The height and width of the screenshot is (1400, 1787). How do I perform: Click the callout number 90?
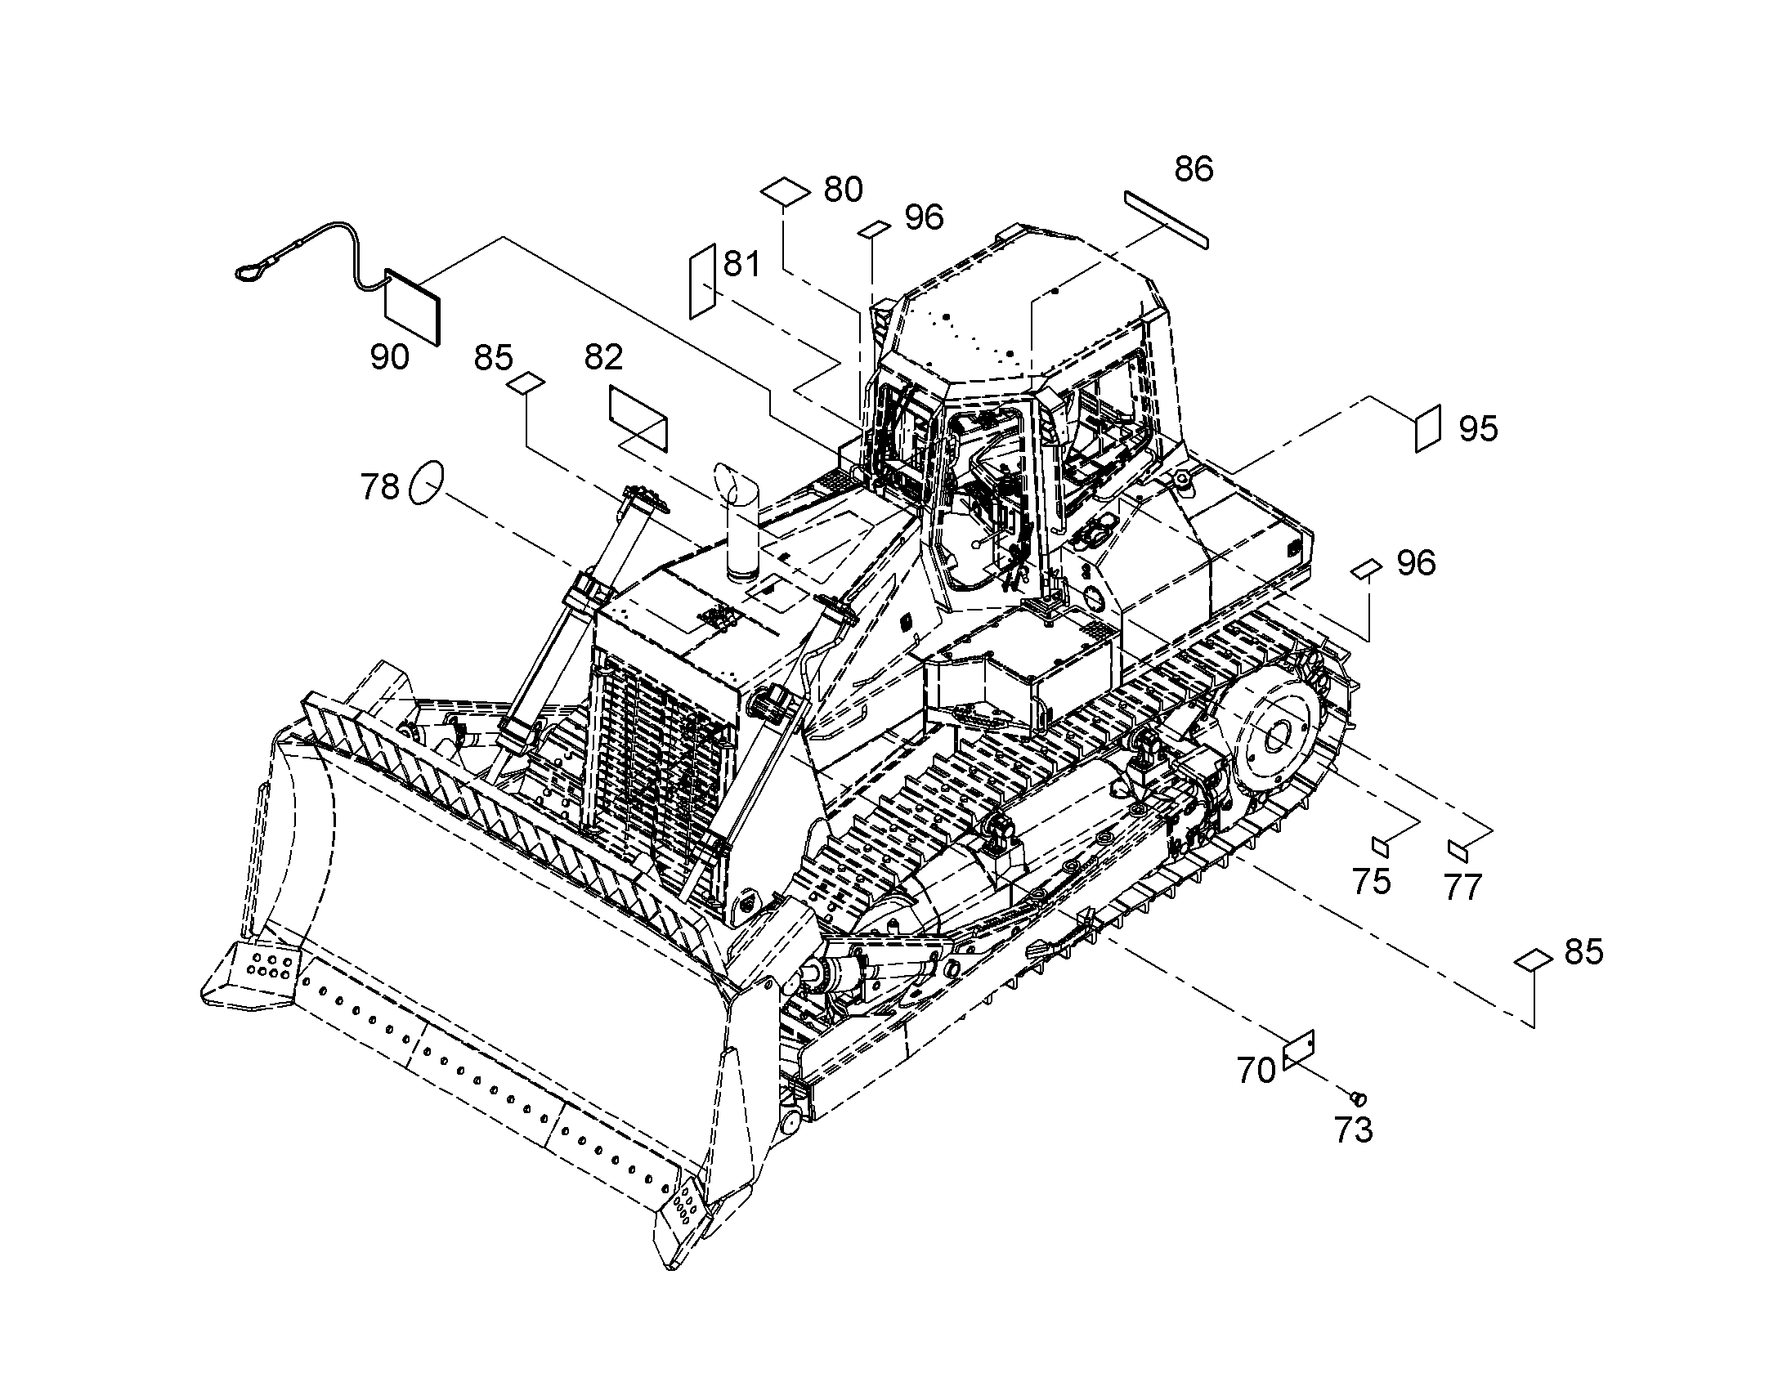[389, 357]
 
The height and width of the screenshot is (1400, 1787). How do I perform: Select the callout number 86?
[1194, 170]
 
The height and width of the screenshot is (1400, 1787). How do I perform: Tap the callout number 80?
[844, 190]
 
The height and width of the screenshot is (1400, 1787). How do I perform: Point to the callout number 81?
[741, 265]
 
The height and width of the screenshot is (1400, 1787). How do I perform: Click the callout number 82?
[603, 357]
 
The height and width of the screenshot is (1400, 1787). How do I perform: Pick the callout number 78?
[379, 488]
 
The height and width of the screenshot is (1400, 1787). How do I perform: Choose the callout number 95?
[1478, 429]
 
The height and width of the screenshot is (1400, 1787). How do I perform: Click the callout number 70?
[1256, 1071]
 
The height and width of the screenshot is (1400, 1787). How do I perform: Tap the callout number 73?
[1354, 1131]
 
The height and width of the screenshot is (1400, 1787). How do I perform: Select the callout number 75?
[1372, 882]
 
